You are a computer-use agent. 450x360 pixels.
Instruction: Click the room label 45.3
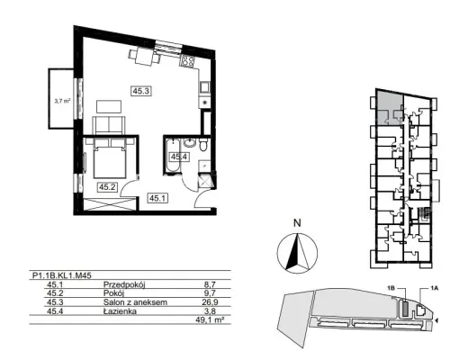(x=141, y=91)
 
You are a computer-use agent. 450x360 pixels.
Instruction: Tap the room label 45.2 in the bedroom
(x=107, y=187)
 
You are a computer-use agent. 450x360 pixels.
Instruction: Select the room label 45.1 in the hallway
(x=157, y=198)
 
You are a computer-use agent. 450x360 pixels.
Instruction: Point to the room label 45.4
(x=179, y=157)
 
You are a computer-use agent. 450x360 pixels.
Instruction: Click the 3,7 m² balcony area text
(x=62, y=101)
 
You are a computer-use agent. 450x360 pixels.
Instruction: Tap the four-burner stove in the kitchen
(x=188, y=61)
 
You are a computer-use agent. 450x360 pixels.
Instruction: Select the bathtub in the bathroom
(x=173, y=156)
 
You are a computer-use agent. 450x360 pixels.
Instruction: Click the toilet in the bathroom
(x=203, y=145)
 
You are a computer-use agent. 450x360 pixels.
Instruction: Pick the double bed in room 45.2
(x=110, y=158)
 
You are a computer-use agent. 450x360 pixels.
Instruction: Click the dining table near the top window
(x=144, y=57)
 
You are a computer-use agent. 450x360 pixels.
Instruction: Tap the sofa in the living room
(x=109, y=126)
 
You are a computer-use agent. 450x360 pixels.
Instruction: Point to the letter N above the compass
(x=297, y=223)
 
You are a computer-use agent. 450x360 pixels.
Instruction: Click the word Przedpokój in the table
(x=124, y=284)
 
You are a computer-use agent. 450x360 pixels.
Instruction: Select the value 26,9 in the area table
(x=210, y=302)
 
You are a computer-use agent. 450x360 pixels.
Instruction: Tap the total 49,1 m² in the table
(x=210, y=319)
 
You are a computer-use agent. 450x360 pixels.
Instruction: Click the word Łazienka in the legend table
(x=120, y=311)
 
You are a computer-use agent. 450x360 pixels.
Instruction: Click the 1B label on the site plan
(x=391, y=288)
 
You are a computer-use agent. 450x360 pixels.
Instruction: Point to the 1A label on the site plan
(x=435, y=288)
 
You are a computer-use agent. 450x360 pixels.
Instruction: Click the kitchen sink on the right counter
(x=205, y=87)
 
